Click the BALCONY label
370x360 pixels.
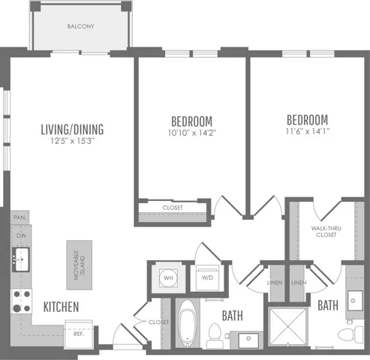point(80,26)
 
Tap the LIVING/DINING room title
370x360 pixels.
point(72,129)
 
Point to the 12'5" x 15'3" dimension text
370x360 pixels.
point(72,141)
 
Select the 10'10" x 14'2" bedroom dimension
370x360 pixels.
point(192,133)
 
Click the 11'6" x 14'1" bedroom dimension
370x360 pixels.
point(308,131)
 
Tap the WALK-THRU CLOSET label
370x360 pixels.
point(326,232)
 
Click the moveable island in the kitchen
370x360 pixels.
point(80,265)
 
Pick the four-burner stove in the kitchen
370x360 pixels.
point(21,301)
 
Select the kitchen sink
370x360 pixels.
point(21,259)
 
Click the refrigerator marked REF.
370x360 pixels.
point(79,334)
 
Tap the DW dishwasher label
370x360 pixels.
point(21,235)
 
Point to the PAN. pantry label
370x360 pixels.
point(20,217)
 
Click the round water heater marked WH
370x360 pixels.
point(168,277)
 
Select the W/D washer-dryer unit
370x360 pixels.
point(207,277)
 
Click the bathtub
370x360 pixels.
point(188,324)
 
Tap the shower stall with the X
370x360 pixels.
point(288,326)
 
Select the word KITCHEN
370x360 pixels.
point(61,307)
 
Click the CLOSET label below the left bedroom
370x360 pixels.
point(173,208)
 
